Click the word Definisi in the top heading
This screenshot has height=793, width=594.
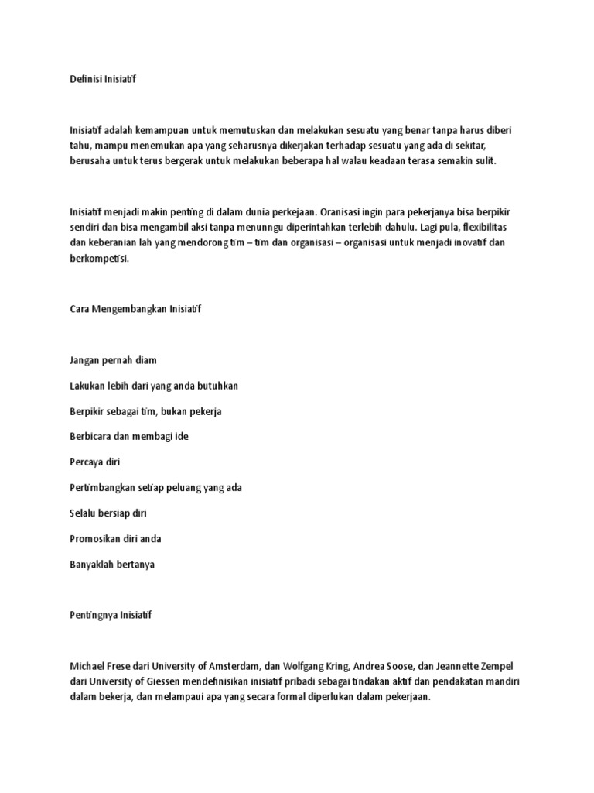[85, 78]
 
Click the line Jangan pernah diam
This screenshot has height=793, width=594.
[113, 360]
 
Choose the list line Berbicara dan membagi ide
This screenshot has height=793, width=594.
[128, 436]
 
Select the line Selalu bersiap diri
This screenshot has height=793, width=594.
[108, 513]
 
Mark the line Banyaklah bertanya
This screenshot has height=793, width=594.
[112, 564]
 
